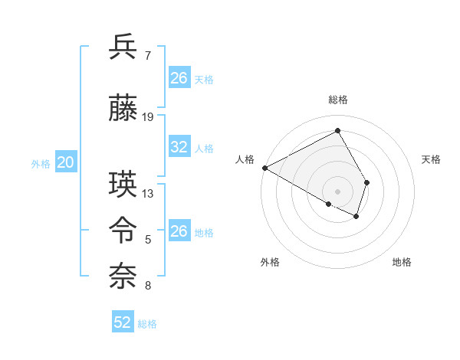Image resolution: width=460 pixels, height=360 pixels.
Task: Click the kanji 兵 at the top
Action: pyautogui.click(x=123, y=47)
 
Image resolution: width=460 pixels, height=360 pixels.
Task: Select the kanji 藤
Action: pyautogui.click(x=123, y=108)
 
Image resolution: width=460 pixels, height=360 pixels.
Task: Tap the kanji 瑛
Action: pyautogui.click(x=123, y=185)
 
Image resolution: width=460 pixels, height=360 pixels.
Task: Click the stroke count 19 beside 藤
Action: pyautogui.click(x=148, y=117)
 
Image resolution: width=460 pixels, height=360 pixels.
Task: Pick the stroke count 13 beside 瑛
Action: pyautogui.click(x=148, y=194)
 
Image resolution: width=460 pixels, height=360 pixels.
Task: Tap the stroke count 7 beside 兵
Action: pyautogui.click(x=147, y=56)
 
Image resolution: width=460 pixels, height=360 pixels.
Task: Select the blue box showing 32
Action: pyautogui.click(x=179, y=147)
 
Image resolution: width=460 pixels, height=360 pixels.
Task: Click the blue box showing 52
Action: pyautogui.click(x=123, y=322)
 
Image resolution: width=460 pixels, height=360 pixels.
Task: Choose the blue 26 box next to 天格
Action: pyautogui.click(x=179, y=78)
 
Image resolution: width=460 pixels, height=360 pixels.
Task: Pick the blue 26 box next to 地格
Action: pyautogui.click(x=179, y=231)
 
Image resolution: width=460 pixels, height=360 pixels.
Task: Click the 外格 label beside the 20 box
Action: pyautogui.click(x=41, y=163)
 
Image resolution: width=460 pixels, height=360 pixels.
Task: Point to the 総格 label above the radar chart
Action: pyautogui.click(x=338, y=100)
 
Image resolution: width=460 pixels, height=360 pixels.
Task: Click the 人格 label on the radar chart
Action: pyautogui.click(x=245, y=159)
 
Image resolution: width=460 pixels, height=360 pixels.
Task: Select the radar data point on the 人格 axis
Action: pyautogui.click(x=264, y=167)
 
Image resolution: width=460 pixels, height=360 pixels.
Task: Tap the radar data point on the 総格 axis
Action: pyautogui.click(x=337, y=131)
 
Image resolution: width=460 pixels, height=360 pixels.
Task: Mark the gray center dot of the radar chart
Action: pyautogui.click(x=337, y=191)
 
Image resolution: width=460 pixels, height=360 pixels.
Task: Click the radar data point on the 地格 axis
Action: pyautogui.click(x=356, y=217)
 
